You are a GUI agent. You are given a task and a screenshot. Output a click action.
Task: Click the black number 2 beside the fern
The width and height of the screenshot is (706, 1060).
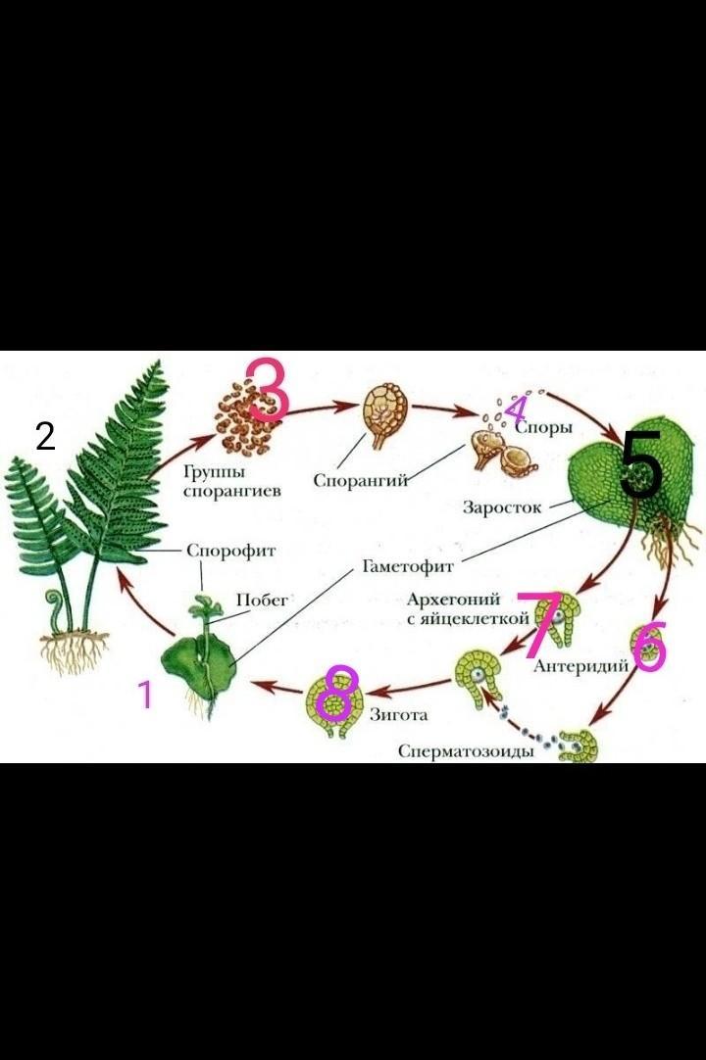point(45,436)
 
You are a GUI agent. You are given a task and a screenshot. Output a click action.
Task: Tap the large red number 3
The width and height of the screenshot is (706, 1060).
point(267,389)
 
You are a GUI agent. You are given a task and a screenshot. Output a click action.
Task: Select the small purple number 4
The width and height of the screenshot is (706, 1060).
point(516,410)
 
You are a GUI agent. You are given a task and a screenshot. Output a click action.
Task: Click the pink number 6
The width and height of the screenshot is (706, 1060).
point(649,649)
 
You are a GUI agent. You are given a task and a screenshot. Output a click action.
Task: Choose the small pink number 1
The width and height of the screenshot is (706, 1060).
point(145,695)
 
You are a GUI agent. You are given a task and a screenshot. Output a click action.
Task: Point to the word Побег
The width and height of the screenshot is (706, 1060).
point(262,601)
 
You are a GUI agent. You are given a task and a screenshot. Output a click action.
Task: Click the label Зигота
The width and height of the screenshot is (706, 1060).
point(398,714)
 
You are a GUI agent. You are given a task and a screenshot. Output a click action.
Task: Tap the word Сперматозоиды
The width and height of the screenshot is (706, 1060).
point(466,751)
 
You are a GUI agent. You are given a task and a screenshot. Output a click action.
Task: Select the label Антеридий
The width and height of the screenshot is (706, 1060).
point(580,666)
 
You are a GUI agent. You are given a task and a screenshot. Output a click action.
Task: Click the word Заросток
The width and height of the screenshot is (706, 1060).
point(501,507)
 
